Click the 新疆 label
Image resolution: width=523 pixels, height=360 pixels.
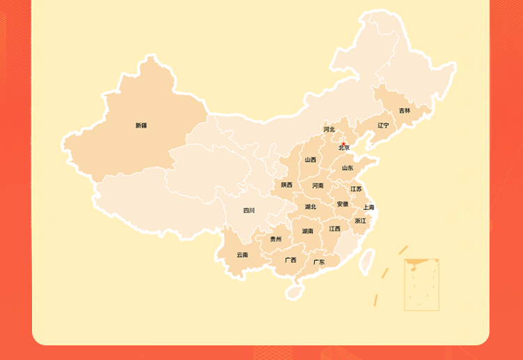coord(141,126)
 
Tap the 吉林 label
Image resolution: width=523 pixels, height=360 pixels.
coord(404,110)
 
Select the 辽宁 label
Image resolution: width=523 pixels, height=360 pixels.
coord(384,126)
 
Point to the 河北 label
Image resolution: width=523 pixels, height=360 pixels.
coord(329,129)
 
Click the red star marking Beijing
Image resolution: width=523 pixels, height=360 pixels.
coord(343,144)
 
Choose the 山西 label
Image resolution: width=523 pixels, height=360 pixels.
coord(310,160)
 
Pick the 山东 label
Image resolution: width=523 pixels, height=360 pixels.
coord(347,168)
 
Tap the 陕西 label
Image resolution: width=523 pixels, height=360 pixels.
coord(287,185)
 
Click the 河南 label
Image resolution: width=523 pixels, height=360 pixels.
coord(318,186)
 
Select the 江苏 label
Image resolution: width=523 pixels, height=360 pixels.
coord(356,189)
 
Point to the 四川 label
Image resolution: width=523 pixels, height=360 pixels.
coord(249,210)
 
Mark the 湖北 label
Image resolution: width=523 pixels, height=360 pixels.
coord(310,207)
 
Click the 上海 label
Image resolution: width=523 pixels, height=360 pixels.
coord(369,207)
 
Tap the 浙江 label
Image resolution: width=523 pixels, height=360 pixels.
coord(360,220)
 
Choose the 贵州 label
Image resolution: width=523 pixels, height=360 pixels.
coord(276,239)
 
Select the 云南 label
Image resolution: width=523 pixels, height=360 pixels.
coord(242,255)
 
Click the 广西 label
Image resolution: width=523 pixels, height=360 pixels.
coord(290,260)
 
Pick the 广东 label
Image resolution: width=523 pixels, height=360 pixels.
coord(319,262)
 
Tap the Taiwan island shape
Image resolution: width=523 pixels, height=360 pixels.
coord(365,260)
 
